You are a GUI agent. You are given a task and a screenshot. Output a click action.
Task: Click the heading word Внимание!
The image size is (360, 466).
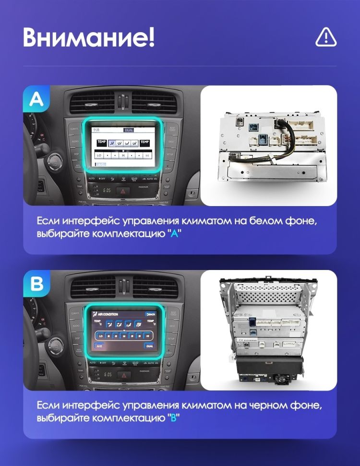click(89, 37)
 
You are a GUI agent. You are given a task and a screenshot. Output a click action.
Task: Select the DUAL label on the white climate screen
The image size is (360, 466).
click(129, 130)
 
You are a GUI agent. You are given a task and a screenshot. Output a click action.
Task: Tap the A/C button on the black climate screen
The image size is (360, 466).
click(99, 346)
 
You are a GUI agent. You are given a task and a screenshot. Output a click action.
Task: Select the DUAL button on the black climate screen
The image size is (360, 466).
click(150, 346)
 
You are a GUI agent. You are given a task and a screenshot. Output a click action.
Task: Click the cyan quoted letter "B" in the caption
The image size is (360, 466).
click(174, 418)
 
